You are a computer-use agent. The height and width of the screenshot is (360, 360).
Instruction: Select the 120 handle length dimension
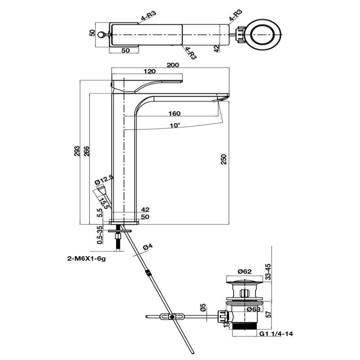click(x=150, y=72)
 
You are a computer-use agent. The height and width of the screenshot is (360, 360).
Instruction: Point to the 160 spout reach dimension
click(x=175, y=113)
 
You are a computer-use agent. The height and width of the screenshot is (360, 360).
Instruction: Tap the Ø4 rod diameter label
click(x=147, y=247)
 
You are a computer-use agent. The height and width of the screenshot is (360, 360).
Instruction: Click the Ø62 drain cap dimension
click(x=244, y=271)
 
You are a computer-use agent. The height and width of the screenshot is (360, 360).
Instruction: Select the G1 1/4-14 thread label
click(x=274, y=334)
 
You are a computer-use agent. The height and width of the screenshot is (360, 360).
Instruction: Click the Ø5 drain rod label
click(x=203, y=308)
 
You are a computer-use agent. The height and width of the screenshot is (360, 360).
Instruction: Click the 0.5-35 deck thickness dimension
click(x=99, y=234)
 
